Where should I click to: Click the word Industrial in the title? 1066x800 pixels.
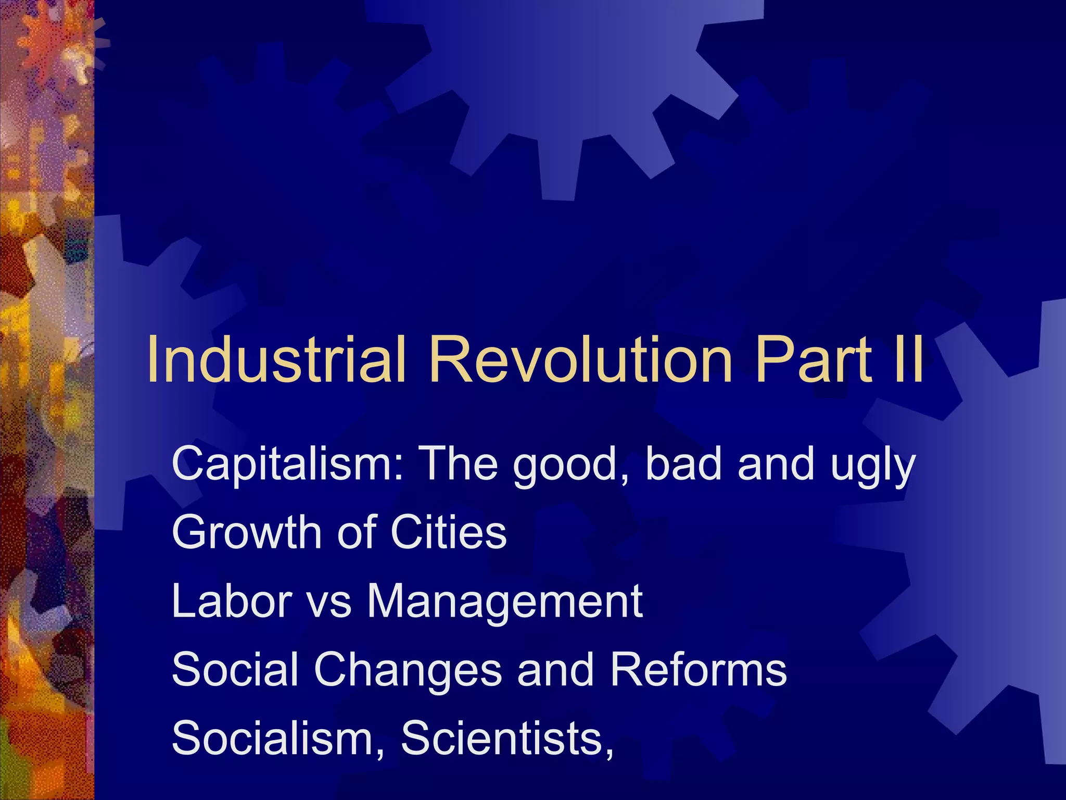point(276,359)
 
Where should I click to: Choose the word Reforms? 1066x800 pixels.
point(698,670)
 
